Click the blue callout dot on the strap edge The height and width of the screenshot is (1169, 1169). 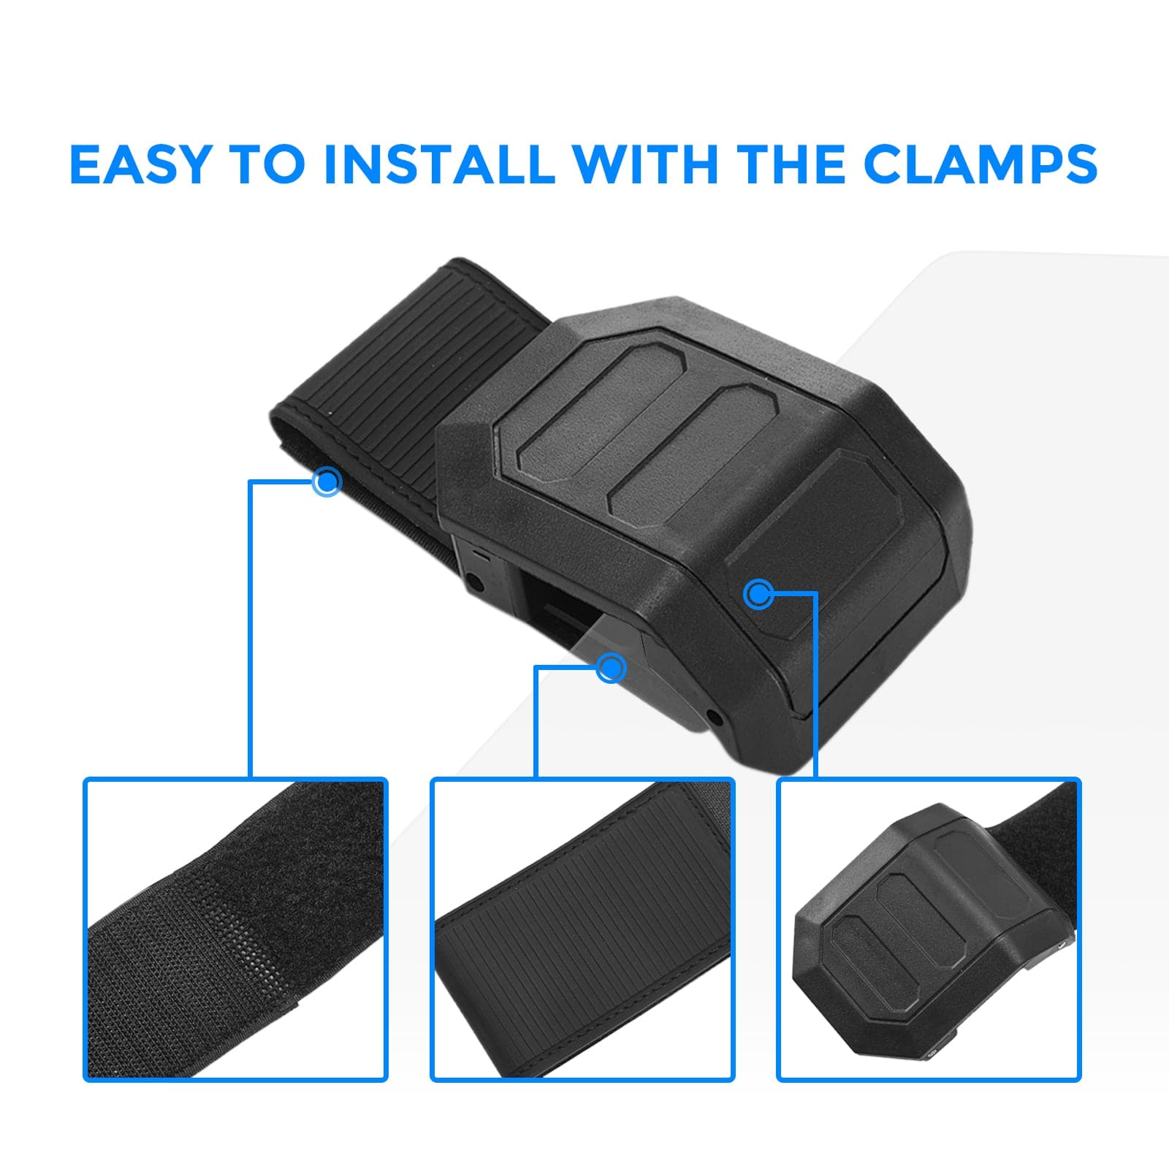coord(327,481)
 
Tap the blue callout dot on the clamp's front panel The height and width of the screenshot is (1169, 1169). coord(758,594)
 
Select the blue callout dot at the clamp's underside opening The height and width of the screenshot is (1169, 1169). coord(611,667)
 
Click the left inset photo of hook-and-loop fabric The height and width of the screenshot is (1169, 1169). coord(235,929)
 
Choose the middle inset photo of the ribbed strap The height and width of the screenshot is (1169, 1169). coord(582,929)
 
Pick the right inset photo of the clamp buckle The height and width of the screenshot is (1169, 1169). coord(928,929)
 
